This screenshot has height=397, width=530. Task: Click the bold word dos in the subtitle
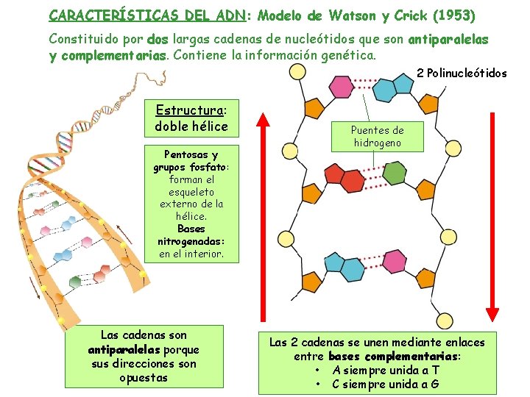158,38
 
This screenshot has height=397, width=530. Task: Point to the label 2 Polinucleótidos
462,73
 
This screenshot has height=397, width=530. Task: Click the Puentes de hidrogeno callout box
377,136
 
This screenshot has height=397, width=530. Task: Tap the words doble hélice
191,126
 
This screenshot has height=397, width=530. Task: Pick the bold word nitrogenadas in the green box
191,241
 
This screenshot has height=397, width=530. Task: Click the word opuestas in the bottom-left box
144,378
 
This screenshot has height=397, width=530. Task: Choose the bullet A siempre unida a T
386,370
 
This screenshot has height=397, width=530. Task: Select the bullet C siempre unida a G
386,384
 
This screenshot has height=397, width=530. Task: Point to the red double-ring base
343,175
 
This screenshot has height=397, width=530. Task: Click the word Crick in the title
412,15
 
